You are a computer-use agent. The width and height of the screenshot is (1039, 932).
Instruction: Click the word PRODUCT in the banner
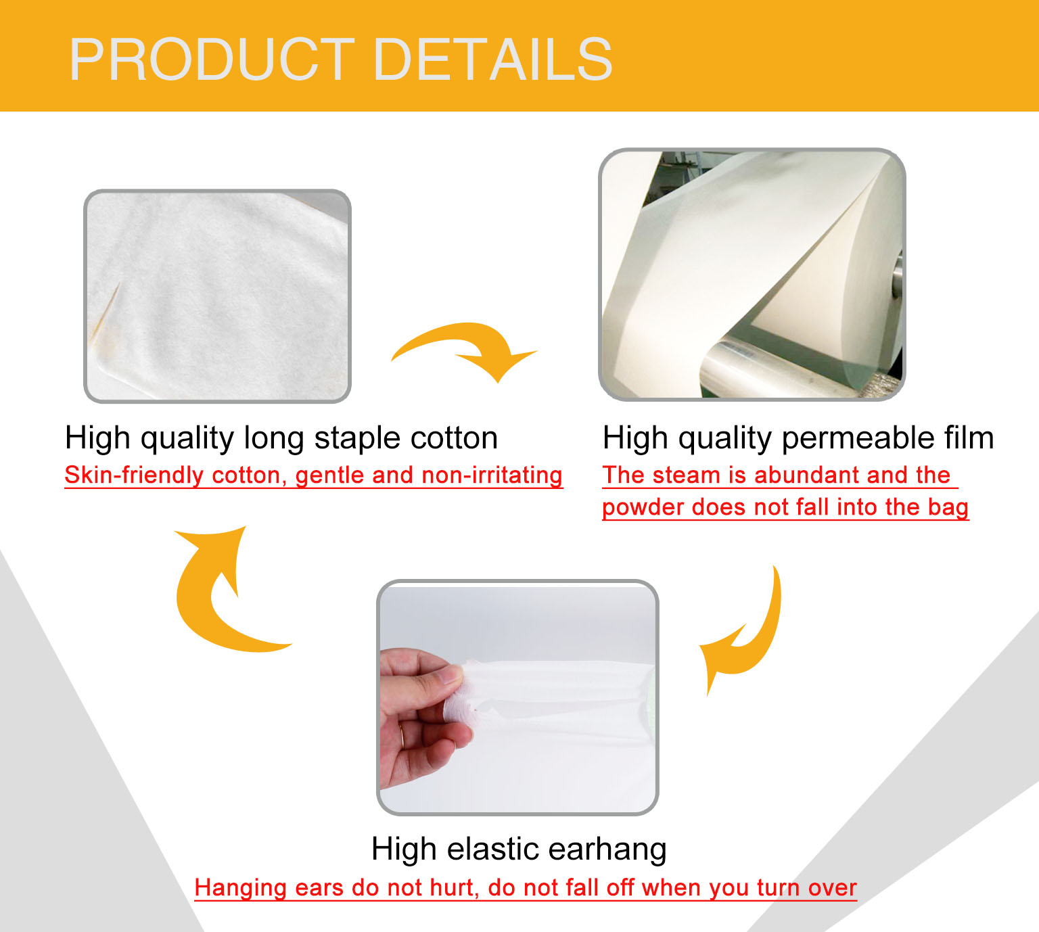[212, 60]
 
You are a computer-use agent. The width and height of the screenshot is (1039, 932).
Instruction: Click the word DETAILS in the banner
[492, 60]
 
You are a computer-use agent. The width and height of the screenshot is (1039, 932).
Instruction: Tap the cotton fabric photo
[217, 296]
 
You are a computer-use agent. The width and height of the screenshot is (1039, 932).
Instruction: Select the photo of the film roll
[752, 274]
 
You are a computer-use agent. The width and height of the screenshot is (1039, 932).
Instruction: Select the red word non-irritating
[492, 475]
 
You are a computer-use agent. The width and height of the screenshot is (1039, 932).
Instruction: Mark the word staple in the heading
[356, 438]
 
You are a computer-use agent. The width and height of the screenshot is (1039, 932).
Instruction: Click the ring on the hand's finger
[402, 734]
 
